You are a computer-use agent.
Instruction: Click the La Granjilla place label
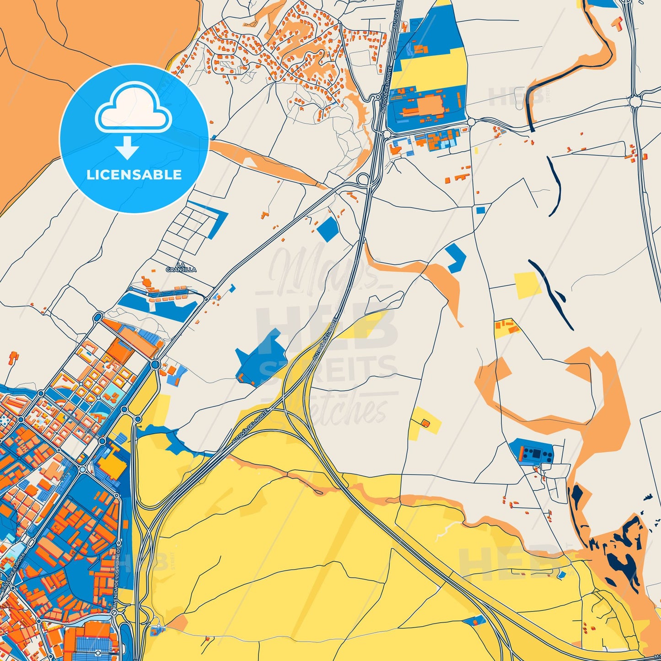(181, 267)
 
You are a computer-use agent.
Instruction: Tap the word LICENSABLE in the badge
(134, 175)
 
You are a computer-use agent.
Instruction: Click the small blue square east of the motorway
(480, 210)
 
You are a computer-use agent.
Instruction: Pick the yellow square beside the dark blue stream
(527, 285)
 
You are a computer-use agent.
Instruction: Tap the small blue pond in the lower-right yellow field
(562, 574)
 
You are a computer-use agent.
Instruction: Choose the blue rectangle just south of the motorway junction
(328, 229)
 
